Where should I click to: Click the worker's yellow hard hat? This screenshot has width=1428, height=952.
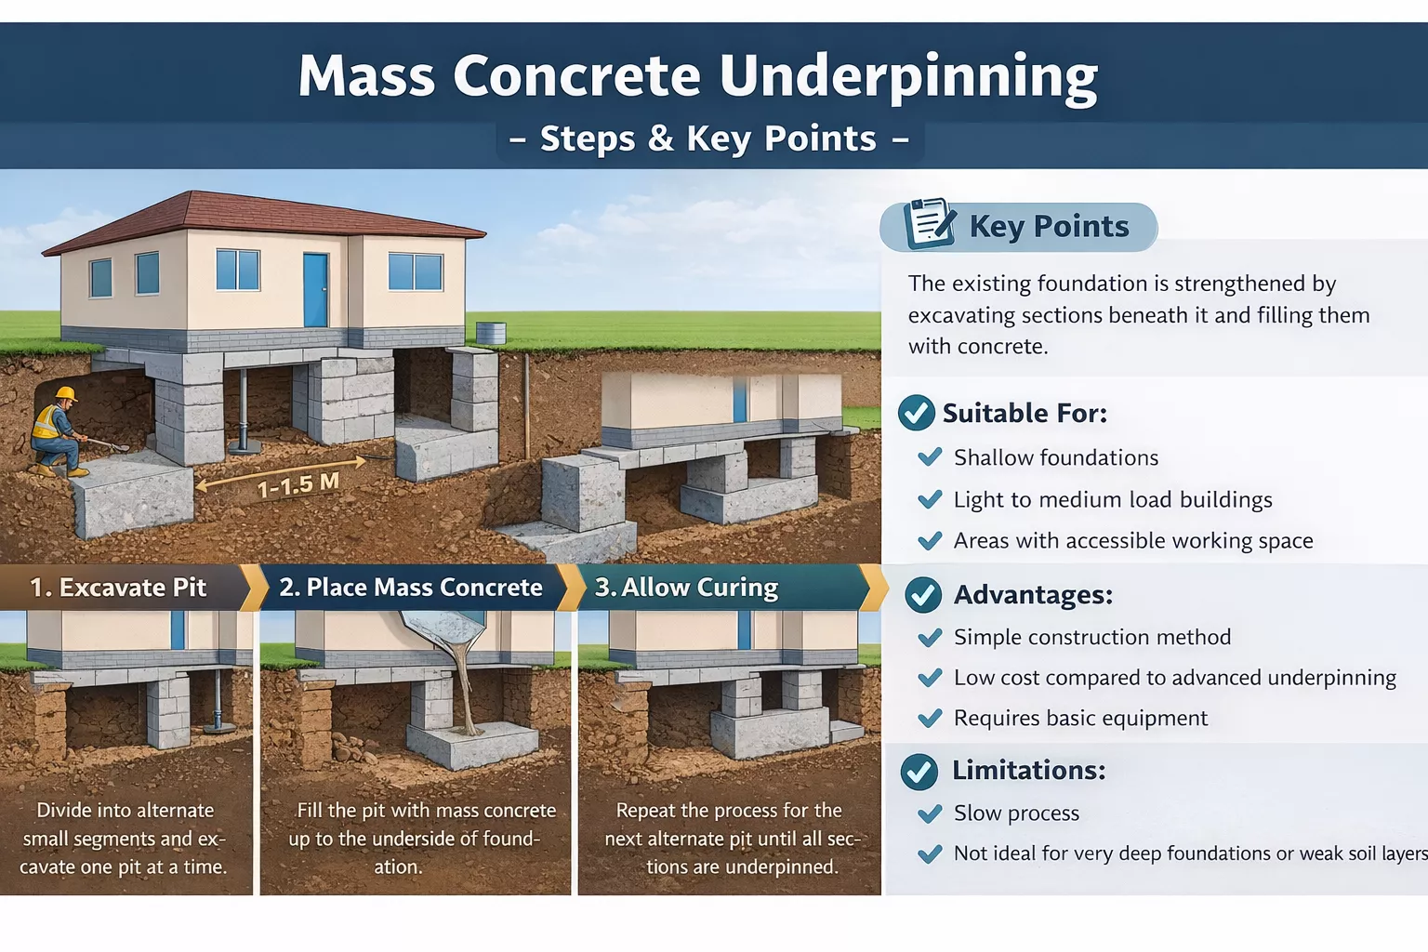pyautogui.click(x=65, y=393)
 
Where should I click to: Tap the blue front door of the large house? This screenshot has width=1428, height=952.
pyautogui.click(x=315, y=289)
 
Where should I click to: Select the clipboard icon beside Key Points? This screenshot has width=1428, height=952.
pyautogui.click(x=929, y=223)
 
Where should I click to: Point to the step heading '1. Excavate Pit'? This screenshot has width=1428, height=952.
pyautogui.click(x=118, y=588)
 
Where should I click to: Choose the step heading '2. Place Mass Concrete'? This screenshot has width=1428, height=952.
pyautogui.click(x=411, y=588)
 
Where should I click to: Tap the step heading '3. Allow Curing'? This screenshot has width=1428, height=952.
pyautogui.click(x=686, y=588)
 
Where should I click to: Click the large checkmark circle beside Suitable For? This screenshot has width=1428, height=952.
pyautogui.click(x=916, y=413)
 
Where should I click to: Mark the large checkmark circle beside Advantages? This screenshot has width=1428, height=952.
pyautogui.click(x=923, y=595)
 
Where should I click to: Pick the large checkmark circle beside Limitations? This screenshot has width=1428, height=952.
pyautogui.click(x=919, y=771)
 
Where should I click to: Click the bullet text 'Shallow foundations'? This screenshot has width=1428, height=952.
pyautogui.click(x=1056, y=457)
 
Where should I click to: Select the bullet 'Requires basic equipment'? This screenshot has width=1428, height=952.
pyautogui.click(x=1080, y=718)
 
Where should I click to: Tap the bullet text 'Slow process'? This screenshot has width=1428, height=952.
pyautogui.click(x=1016, y=813)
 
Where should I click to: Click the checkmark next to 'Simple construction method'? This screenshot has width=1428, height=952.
pyautogui.click(x=930, y=638)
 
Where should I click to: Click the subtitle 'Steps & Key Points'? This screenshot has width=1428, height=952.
pyautogui.click(x=708, y=139)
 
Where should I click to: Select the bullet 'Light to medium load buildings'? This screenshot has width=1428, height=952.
pyautogui.click(x=1113, y=499)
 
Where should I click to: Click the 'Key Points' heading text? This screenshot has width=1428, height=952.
pyautogui.click(x=1049, y=226)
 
